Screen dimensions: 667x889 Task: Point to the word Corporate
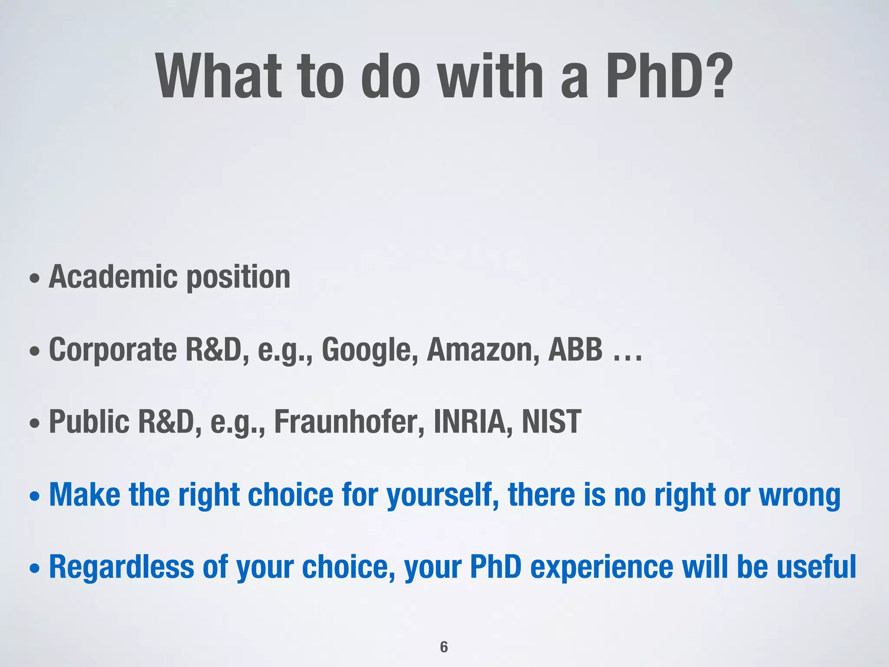113,350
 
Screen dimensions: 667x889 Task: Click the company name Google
370,350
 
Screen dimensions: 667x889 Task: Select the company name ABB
575,349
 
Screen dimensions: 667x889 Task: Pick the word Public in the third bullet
89,422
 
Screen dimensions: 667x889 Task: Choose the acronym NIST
551,422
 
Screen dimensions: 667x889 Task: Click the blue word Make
85,495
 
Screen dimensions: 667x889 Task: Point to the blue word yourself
443,495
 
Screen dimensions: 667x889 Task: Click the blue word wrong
799,495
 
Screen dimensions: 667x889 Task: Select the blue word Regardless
122,568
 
